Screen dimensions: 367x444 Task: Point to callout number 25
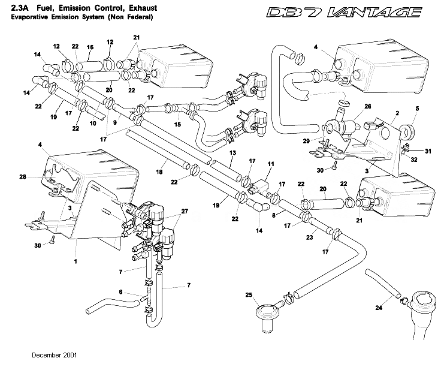coord(249,294)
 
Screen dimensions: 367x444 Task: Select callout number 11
coord(271,163)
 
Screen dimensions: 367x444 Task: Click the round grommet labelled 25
coord(264,314)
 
